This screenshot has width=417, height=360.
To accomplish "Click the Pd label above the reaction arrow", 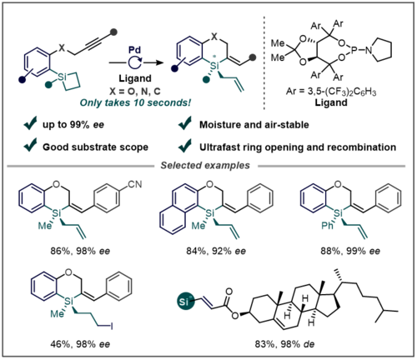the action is [x=135, y=50].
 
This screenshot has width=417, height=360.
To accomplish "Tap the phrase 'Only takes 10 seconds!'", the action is [x=135, y=102].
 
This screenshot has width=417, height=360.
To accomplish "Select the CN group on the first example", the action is [x=135, y=184].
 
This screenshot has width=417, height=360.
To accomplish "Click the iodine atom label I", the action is [x=112, y=326].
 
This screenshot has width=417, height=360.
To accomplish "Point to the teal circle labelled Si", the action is [x=184, y=302].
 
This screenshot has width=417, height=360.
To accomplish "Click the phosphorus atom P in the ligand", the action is [x=354, y=50].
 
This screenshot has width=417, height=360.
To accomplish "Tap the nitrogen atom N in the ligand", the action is [x=369, y=50].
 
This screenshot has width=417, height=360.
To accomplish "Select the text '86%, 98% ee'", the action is [x=80, y=251].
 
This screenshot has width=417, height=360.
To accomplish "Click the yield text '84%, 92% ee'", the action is [x=216, y=251].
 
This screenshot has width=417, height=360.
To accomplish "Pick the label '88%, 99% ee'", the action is [x=350, y=251].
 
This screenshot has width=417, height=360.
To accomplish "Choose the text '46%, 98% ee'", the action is [x=80, y=344].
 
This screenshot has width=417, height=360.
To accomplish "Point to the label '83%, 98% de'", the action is [x=284, y=344].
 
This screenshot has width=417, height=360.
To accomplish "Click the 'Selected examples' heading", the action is [x=205, y=166].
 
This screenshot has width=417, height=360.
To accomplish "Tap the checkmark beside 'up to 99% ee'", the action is [x=30, y=123].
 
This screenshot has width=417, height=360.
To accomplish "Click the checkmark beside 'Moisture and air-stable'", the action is [x=185, y=123].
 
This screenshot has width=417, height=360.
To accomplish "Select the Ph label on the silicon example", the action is [x=327, y=226].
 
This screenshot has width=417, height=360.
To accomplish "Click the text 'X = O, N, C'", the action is [x=135, y=91].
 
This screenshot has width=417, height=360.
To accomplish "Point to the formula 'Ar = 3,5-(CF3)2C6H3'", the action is [x=331, y=92].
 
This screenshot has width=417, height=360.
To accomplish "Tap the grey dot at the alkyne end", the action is [x=113, y=32].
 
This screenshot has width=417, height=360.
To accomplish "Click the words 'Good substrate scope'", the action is [x=95, y=147].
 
